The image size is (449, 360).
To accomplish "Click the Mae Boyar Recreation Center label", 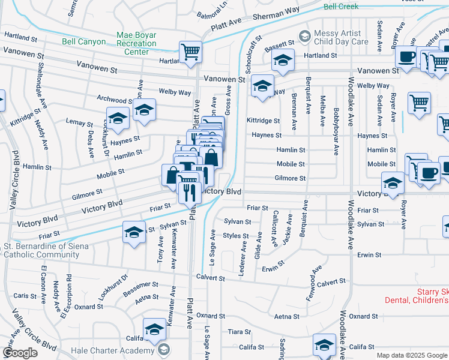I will [x=136, y=44].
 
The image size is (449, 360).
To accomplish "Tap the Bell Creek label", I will [x=340, y=7].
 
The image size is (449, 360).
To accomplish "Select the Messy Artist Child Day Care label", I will [x=342, y=38].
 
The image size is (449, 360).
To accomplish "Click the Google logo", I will [x=19, y=353].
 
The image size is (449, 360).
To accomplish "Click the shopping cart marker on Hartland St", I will [x=190, y=51].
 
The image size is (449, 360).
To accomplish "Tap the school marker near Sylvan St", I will [x=134, y=232].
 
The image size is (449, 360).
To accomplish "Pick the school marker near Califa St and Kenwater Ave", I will [x=155, y=328].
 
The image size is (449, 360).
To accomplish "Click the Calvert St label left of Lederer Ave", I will [x=210, y=278].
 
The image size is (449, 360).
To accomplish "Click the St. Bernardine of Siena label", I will [x=47, y=246].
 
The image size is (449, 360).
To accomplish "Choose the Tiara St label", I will [x=239, y=331].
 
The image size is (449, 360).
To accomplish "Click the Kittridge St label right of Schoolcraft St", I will [x=263, y=121].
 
